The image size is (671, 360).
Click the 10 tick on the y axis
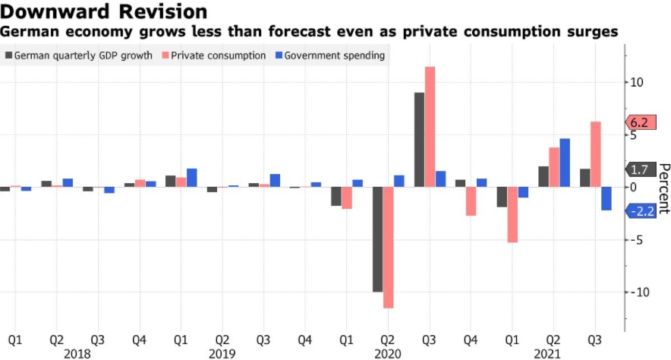pyautogui.click(x=637, y=82)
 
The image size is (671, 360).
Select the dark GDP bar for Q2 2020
pyautogui.click(x=377, y=239)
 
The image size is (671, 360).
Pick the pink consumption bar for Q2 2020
pyautogui.click(x=388, y=248)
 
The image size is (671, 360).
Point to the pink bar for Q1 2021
pyautogui.click(x=512, y=215)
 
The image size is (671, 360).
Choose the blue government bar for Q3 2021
pyautogui.click(x=606, y=199)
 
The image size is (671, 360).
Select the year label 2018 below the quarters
pyautogui.click(x=77, y=353)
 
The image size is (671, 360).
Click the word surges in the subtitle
pyautogui.click(x=591, y=32)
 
